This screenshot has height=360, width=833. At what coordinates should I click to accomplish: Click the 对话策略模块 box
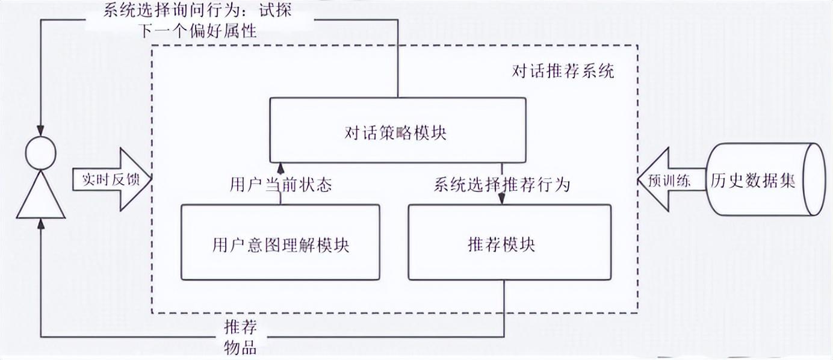click(x=397, y=132)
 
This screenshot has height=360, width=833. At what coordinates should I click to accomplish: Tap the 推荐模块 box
click(x=509, y=243)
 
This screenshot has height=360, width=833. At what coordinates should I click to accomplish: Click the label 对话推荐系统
click(x=563, y=72)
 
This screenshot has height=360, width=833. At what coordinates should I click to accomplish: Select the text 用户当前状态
click(x=280, y=184)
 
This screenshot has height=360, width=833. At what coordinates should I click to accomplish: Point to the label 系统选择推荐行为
click(x=501, y=184)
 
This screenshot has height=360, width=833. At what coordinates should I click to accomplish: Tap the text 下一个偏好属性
click(x=199, y=30)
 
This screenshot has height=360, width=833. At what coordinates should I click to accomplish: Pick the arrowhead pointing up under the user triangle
click(x=40, y=224)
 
